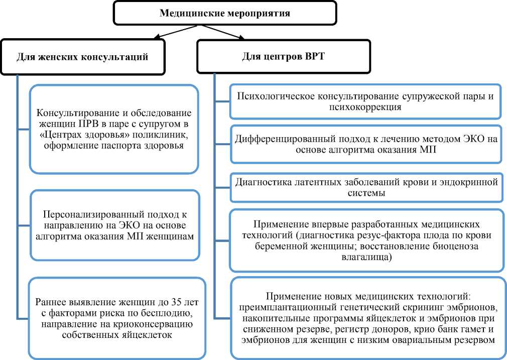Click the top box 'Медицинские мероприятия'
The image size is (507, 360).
(x=224, y=14)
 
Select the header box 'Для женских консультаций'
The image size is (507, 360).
(x=83, y=56)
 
